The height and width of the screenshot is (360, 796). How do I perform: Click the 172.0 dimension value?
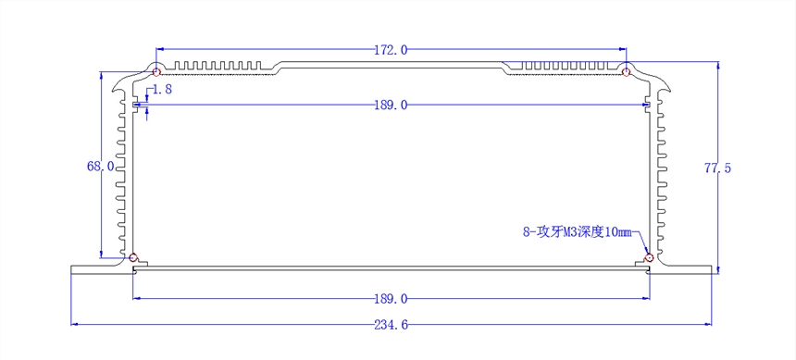coord(391,49)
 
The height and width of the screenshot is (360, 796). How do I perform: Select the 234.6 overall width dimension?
coord(391,325)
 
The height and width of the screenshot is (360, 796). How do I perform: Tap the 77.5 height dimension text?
coord(717,168)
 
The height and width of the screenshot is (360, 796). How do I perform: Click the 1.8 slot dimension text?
coord(162,90)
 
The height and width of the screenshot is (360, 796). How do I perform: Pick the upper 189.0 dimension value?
coord(391,106)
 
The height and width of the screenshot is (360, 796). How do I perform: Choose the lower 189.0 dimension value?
coord(391,299)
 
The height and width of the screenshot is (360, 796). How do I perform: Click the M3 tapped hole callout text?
coord(577,232)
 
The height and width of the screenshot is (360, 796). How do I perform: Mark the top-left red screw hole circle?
coord(157,71)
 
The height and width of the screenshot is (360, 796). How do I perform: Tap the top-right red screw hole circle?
coord(626,71)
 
